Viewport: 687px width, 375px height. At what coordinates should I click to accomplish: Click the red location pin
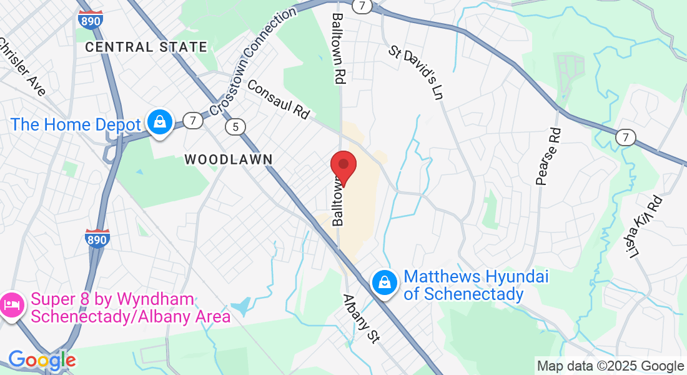(x=343, y=166)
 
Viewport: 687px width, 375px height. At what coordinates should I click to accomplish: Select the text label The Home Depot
(x=76, y=124)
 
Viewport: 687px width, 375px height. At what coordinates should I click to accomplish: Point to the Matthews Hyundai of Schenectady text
(x=476, y=285)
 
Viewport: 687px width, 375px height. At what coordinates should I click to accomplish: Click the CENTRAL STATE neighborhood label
(x=146, y=47)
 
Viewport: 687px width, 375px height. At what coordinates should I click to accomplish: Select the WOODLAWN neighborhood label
(x=229, y=159)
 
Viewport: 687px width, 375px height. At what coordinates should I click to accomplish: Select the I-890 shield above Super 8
(x=97, y=238)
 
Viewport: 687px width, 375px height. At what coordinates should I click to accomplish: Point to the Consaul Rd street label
(x=279, y=99)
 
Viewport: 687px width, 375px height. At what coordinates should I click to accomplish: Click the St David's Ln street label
(x=415, y=72)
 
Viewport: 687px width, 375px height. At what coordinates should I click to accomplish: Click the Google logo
(x=42, y=360)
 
